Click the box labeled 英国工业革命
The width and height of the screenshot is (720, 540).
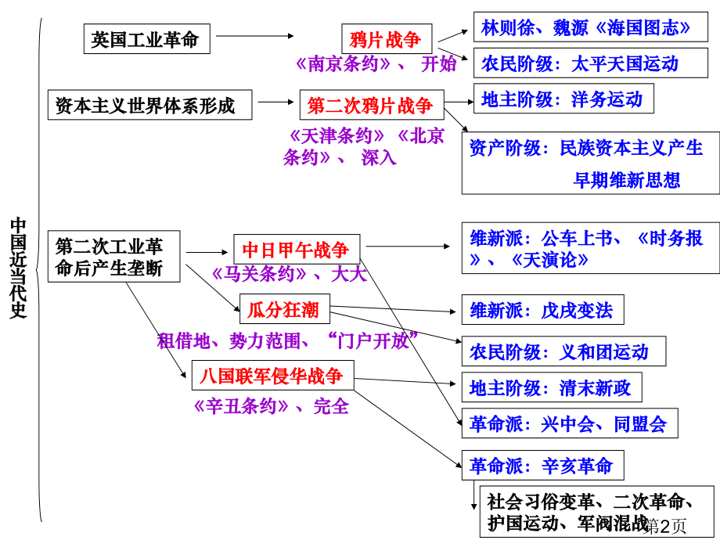[147, 39]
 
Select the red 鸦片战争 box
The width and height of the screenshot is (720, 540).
[387, 39]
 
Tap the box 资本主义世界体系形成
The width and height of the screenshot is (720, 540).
[149, 105]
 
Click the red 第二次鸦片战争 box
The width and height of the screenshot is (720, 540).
[372, 105]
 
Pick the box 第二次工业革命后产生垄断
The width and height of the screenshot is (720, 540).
[114, 256]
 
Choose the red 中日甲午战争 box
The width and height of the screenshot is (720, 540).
[297, 249]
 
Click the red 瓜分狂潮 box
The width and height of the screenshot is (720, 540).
[285, 309]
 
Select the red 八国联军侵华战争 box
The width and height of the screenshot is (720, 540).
[273, 375]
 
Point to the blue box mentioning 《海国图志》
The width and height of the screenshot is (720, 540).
[591, 27]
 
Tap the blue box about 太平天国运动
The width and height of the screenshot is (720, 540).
[591, 63]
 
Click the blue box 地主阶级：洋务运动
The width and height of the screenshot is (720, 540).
[563, 99]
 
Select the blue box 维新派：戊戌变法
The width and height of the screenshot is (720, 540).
[543, 309]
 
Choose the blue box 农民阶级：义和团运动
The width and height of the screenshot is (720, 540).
[563, 351]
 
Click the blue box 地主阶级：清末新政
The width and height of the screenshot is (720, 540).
[552, 387]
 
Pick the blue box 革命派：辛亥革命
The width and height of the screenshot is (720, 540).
[543, 465]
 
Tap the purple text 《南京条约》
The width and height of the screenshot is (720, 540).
[343, 64]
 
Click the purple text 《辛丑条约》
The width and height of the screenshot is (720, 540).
[240, 406]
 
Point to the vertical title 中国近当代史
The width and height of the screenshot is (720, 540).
[18, 268]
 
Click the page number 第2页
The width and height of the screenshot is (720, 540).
[664, 526]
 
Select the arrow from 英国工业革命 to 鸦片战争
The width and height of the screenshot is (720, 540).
[255, 36]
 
